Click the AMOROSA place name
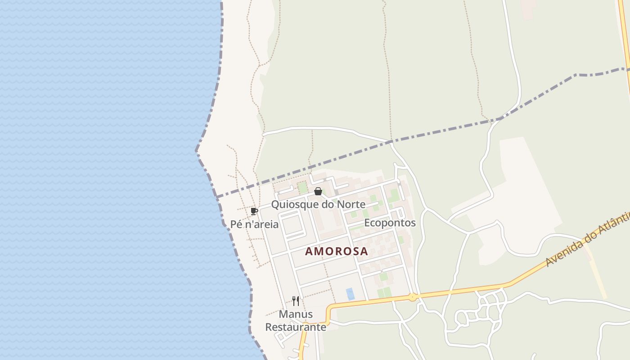pyautogui.click(x=336, y=251)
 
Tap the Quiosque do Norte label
pyautogui.click(x=318, y=204)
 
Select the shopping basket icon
pyautogui.click(x=318, y=192)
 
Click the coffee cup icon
pyautogui.click(x=254, y=211)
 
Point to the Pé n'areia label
pyautogui.click(x=254, y=224)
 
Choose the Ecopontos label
pyautogui.click(x=390, y=223)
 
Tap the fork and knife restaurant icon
pyautogui.click(x=296, y=301)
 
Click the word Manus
pyautogui.click(x=296, y=314)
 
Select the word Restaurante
pyautogui.click(x=296, y=327)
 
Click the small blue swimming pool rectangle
pyautogui.click(x=350, y=294)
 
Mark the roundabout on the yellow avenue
pyautogui.click(x=412, y=297)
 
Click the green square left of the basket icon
pyautogui.click(x=302, y=187)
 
